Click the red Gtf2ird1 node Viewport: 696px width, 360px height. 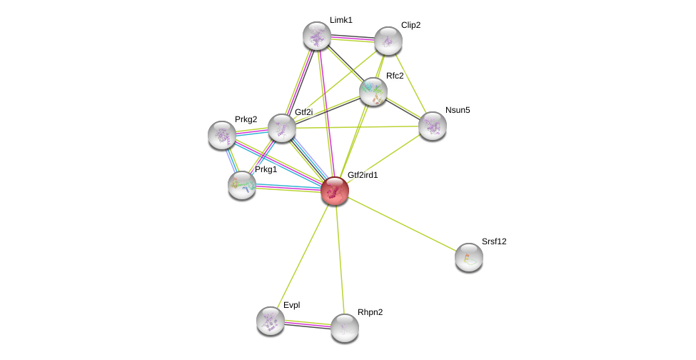point(334,191)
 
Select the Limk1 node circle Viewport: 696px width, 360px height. point(316,36)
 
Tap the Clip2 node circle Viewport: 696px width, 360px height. point(388,41)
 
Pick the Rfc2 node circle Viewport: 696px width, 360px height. point(373,91)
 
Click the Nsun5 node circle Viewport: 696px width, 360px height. point(432,126)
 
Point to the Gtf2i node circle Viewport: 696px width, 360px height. point(282,128)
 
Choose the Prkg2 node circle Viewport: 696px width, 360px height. point(222,134)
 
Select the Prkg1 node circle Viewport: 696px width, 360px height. point(242,185)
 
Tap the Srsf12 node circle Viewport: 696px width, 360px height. point(468,257)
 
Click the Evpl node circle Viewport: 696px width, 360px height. point(271,320)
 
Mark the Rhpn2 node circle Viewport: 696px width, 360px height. point(344,328)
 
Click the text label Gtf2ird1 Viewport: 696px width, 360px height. point(363,175)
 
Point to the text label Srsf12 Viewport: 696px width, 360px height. point(493,241)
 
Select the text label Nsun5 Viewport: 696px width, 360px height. point(458,110)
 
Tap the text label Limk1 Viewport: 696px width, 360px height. point(341,20)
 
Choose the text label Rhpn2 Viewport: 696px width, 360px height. point(370,312)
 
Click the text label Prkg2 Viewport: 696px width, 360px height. point(246,119)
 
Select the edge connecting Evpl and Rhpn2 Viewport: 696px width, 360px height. point(307,324)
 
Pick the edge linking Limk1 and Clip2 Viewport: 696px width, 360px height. point(352,39)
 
